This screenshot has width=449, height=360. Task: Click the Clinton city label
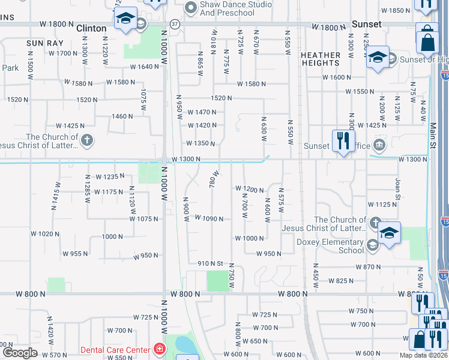[91, 28]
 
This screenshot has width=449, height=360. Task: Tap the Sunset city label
[367, 24]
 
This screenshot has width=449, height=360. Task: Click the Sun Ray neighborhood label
[41, 44]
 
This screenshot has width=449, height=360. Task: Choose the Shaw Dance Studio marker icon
[191, 7]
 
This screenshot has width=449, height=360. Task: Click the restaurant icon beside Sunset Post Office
[342, 142]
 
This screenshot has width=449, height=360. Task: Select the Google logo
[20, 353]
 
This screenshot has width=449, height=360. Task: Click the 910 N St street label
[211, 263]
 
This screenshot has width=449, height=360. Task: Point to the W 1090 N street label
[209, 219]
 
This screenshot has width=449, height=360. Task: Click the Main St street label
[432, 134]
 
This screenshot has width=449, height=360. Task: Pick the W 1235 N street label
[110, 176]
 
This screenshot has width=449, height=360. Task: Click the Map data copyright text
[424, 355]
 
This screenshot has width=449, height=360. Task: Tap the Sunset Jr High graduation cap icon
[378, 58]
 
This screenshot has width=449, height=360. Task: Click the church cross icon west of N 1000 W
[87, 141]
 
